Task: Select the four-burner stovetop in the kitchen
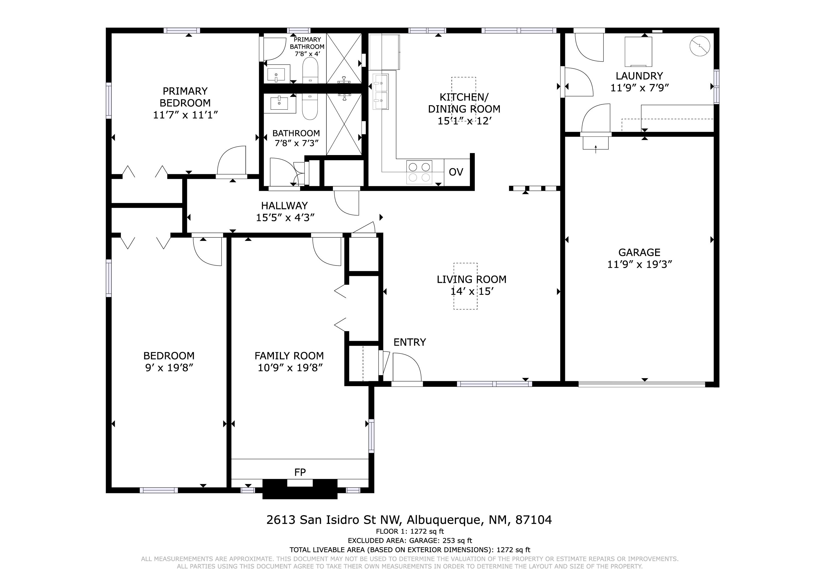point(419,172)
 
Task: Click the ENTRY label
point(410,342)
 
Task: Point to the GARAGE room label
point(639,252)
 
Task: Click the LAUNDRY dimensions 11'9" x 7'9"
point(639,88)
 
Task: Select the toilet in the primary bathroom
point(310,70)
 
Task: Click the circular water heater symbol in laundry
point(700,46)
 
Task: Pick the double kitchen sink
point(380,92)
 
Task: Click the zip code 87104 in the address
point(534,520)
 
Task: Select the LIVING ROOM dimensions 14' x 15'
point(472,291)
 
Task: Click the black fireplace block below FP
point(300,489)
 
